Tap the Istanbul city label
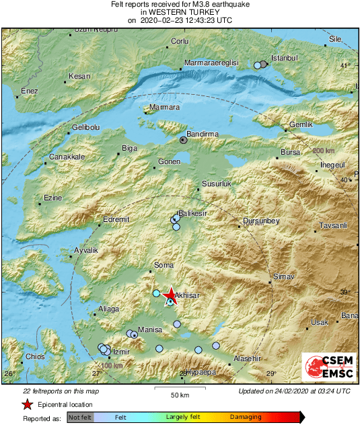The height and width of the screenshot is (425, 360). click(x=283, y=58)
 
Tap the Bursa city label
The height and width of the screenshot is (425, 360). click(x=290, y=153)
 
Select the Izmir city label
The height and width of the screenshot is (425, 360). click(x=120, y=352)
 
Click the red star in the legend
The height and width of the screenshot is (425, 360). click(x=27, y=404)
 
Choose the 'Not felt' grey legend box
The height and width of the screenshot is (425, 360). click(x=80, y=418)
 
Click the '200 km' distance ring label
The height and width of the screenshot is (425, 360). click(x=327, y=151)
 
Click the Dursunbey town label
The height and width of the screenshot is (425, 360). click(x=261, y=221)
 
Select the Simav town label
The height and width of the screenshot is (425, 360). click(x=281, y=277)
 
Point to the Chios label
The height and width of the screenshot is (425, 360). click(x=34, y=356)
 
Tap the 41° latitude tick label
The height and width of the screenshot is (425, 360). click(x=345, y=66)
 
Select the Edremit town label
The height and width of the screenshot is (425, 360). click(x=115, y=219)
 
